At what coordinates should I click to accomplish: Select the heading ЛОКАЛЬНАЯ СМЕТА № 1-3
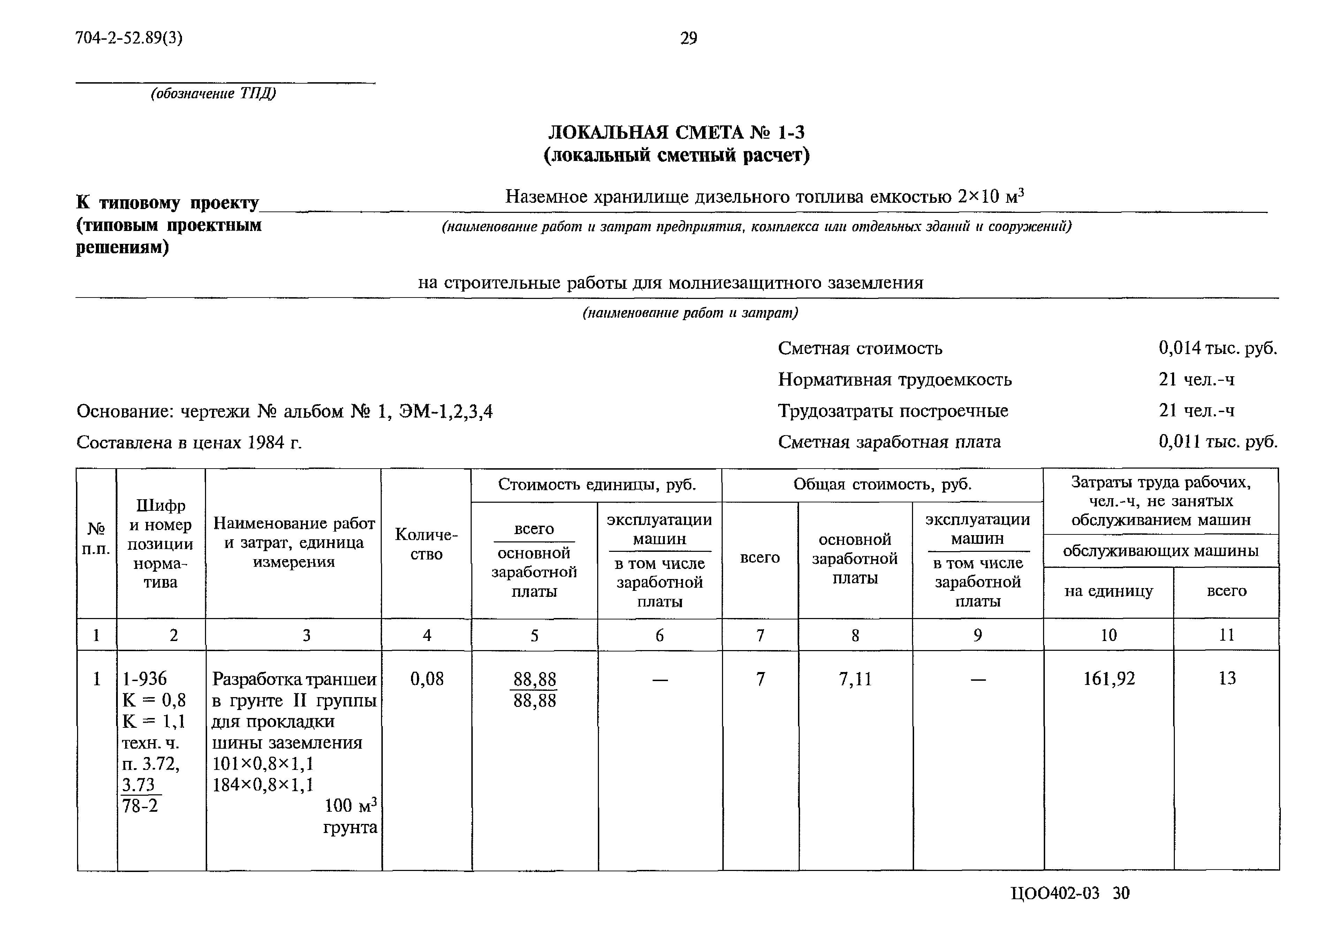click(676, 133)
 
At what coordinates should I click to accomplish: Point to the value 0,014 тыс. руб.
click(1217, 348)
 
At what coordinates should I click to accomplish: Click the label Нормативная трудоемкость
click(895, 379)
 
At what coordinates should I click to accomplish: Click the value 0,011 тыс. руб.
click(1218, 442)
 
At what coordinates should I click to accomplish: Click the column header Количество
click(426, 543)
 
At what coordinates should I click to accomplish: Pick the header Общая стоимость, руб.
click(882, 485)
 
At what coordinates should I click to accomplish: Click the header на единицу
click(1108, 591)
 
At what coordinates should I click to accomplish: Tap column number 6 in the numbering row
click(660, 635)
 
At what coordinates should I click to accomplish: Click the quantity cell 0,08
click(427, 679)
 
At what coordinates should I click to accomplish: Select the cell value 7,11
click(855, 679)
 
